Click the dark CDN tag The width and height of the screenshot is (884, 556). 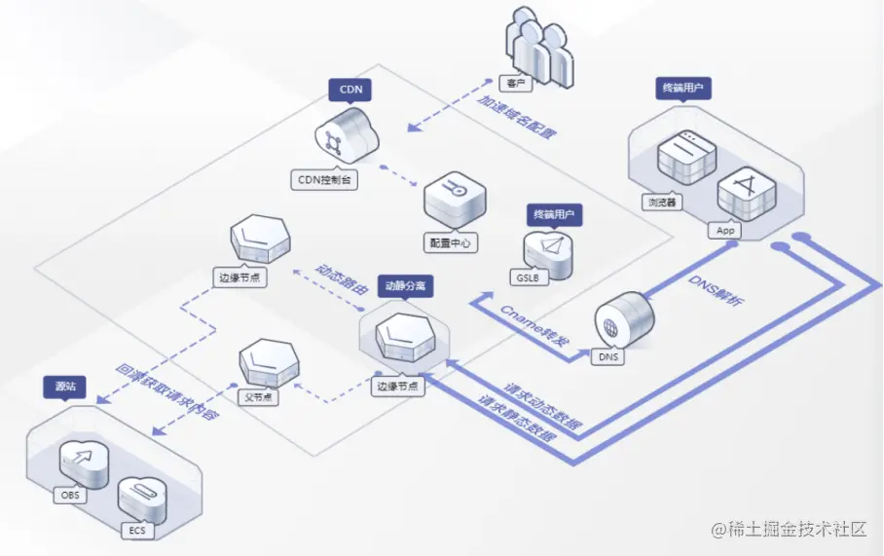click(x=350, y=90)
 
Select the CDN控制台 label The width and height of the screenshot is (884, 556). click(x=324, y=180)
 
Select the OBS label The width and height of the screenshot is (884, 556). click(x=73, y=496)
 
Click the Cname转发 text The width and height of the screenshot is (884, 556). click(x=533, y=325)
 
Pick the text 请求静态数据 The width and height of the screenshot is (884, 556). click(x=517, y=419)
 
